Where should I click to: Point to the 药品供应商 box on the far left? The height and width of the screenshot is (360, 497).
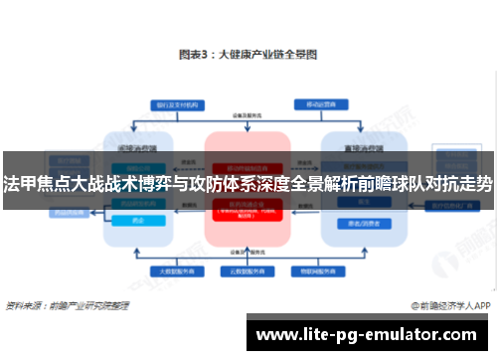pos(40,211)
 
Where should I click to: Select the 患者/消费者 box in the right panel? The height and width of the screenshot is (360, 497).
pos(359,223)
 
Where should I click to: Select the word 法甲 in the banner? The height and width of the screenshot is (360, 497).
pos(20,185)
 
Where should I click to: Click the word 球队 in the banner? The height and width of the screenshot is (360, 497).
pos(397,185)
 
